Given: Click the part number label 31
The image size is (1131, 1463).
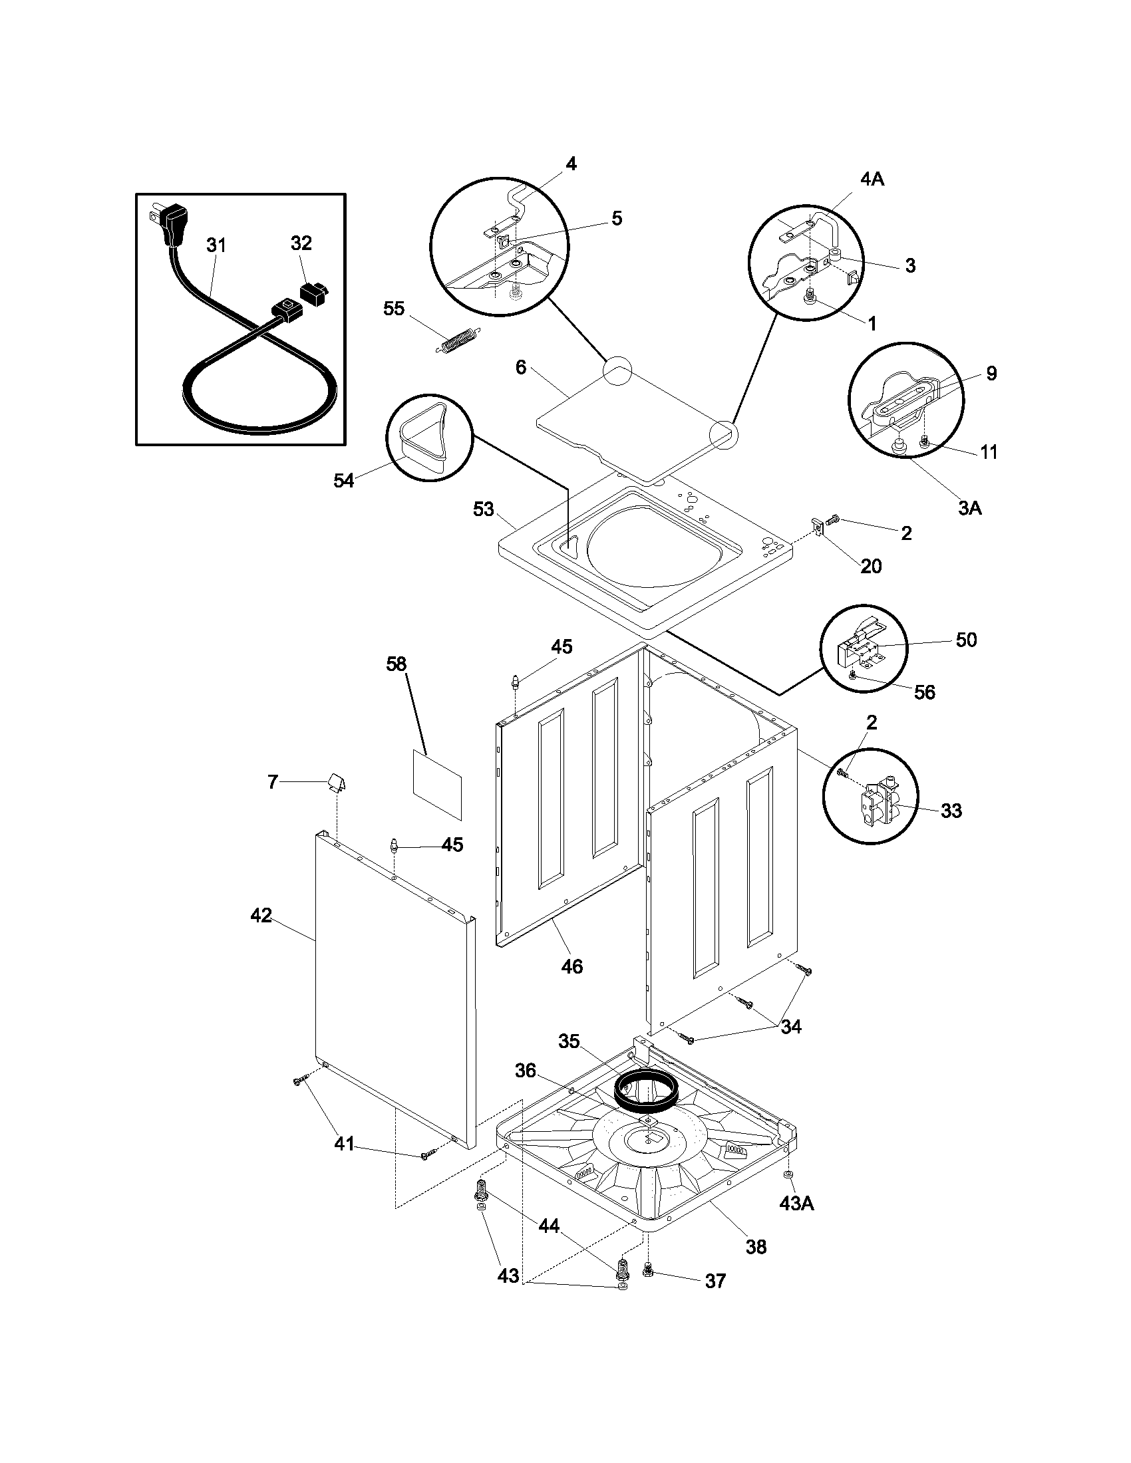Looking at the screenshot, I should tap(216, 246).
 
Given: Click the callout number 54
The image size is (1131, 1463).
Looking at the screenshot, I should tap(344, 480).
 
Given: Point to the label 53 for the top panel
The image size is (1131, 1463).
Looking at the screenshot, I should tap(483, 510).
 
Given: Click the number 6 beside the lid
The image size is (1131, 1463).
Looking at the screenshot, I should tap(521, 367).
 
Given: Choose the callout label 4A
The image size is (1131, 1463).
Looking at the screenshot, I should tap(871, 180).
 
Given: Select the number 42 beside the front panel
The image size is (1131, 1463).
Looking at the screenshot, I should tap(261, 915).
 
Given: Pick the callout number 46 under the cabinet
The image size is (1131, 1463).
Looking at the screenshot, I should tap(571, 966).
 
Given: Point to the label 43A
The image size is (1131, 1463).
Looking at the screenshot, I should tap(796, 1204).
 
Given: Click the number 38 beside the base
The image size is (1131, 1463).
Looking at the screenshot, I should tap(756, 1247).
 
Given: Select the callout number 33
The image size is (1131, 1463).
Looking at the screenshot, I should tap(951, 811).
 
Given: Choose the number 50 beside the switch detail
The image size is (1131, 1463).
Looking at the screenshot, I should tap(965, 640).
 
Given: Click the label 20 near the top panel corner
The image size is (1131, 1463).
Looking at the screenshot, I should tap(870, 566).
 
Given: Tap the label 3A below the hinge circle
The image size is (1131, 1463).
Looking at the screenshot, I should tap(969, 509).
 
